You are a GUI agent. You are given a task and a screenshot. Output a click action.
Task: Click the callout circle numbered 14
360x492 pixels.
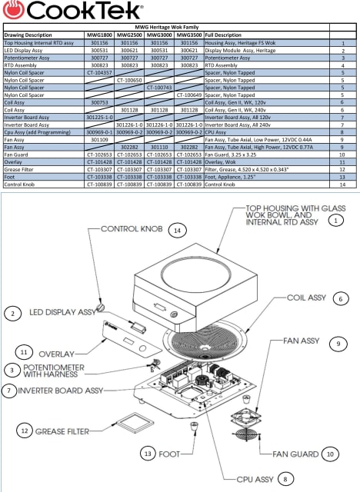[177, 230]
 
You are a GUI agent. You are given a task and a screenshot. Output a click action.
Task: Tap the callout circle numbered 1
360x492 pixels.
[335, 220]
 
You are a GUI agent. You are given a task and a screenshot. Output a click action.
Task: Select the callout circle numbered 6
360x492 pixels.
[342, 298]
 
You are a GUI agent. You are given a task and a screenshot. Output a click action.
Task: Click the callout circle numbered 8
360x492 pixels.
[286, 479]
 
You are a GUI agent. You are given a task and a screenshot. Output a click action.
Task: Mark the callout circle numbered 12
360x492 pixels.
[25, 432]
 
